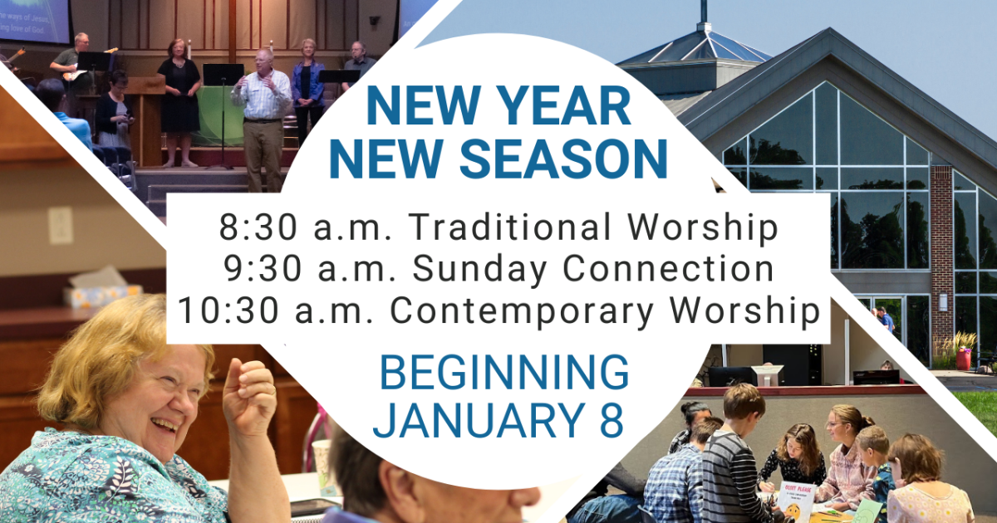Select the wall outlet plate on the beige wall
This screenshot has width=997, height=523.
(x=60, y=225)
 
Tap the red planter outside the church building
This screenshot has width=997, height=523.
(x=964, y=357)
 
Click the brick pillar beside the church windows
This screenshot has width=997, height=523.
(x=941, y=241)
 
